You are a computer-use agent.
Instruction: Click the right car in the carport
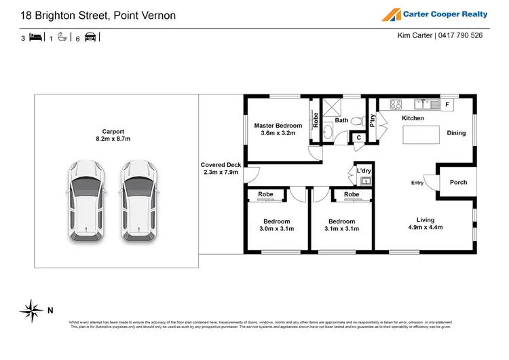tap(140, 202)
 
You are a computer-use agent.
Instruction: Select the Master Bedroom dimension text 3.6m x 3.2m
tap(279, 134)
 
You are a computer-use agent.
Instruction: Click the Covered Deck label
tap(221, 165)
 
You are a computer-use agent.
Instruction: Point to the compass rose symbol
tap(31, 310)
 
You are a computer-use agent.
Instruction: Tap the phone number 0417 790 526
tap(459, 35)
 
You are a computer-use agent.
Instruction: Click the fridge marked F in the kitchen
tap(447, 105)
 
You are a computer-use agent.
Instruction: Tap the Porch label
tap(458, 183)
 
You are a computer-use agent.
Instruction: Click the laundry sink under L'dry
tap(365, 181)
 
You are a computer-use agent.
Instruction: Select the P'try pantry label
tap(373, 120)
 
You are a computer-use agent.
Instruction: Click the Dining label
tap(456, 133)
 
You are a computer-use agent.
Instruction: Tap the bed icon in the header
tap(35, 39)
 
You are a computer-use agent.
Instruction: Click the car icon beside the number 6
tap(90, 39)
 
